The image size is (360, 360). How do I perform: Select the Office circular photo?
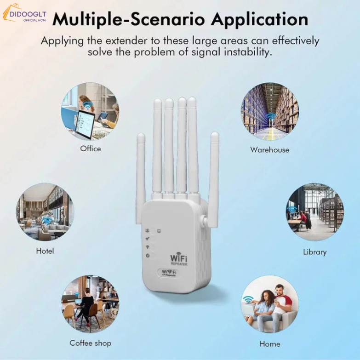pyautogui.click(x=90, y=111)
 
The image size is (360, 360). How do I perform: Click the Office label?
pyautogui.click(x=91, y=149)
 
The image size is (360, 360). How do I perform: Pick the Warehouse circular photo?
pyautogui.click(x=269, y=111)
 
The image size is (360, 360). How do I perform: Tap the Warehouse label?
pyautogui.click(x=270, y=149)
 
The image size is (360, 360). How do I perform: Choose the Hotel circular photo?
pyautogui.click(x=45, y=212)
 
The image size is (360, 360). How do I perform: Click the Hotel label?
pyautogui.click(x=45, y=251)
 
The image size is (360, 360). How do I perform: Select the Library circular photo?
pyautogui.click(x=315, y=212)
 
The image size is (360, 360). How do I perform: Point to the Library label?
pyautogui.click(x=315, y=252)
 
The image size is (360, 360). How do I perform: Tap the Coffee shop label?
pyautogui.click(x=91, y=343)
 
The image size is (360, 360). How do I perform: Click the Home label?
pyautogui.click(x=270, y=344)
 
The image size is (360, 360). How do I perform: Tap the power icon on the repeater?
pyautogui.click(x=148, y=256)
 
